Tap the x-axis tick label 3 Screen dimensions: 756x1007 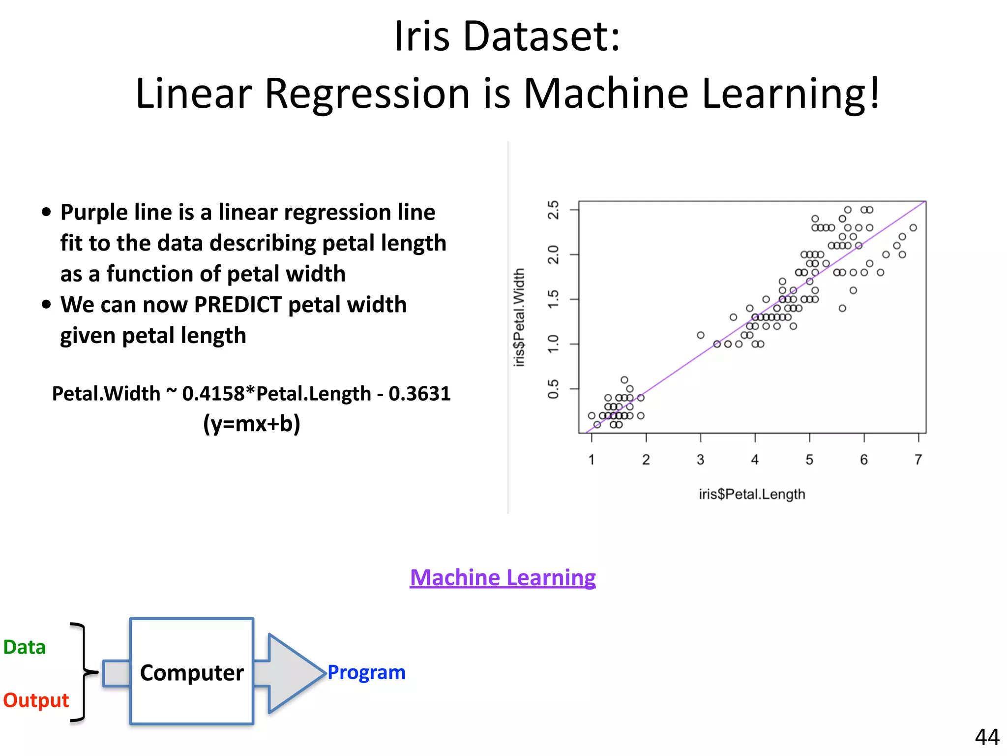[700, 460]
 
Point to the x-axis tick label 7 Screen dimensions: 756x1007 [918, 460]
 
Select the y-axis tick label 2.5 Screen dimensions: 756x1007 [554, 210]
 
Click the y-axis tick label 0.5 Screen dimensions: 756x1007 [554, 389]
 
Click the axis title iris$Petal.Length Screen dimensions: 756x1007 [752, 494]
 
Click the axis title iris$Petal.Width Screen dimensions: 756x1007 [519, 317]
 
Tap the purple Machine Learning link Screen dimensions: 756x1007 [503, 577]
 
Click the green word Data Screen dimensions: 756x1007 [25, 647]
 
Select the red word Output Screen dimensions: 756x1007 [36, 700]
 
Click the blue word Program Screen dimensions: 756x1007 [366, 672]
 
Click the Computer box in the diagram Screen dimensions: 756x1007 [192, 672]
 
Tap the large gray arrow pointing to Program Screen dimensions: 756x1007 [290, 673]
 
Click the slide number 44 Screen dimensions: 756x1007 [987, 737]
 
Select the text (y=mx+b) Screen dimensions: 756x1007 [251, 424]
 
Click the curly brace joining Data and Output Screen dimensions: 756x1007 [83, 672]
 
